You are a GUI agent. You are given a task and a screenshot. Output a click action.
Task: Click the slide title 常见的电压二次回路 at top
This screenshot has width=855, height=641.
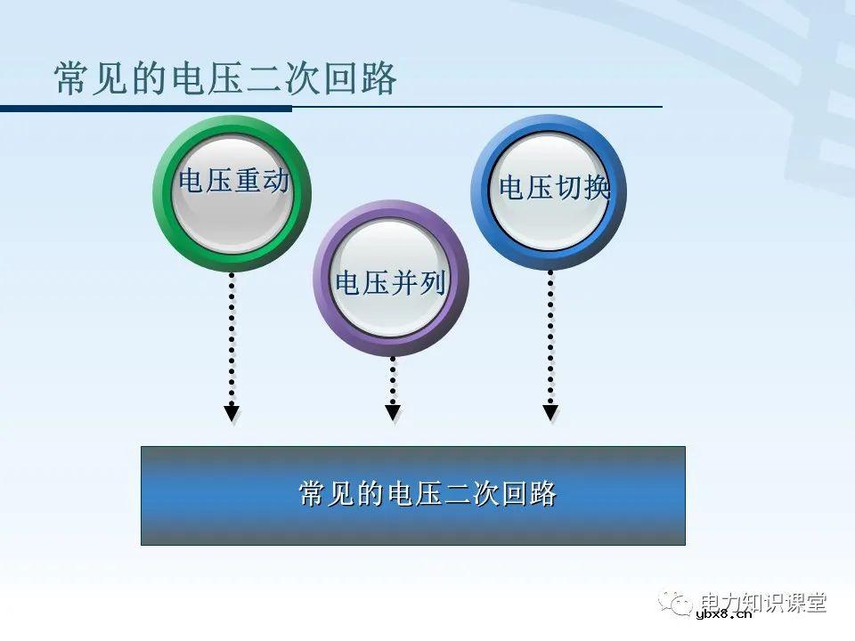225,79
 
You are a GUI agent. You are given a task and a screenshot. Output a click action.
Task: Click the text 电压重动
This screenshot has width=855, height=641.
233,181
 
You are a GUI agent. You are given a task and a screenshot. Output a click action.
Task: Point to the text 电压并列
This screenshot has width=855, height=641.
390,282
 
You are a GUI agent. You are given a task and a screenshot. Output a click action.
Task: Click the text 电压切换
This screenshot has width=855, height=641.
554,188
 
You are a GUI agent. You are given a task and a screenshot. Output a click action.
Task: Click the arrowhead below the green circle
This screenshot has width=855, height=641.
232,412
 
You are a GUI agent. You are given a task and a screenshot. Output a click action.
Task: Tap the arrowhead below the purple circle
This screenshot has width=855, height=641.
393,412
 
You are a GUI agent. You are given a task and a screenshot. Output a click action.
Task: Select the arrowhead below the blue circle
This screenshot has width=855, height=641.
550,412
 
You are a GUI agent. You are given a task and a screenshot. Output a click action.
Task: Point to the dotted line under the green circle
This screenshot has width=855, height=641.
232,338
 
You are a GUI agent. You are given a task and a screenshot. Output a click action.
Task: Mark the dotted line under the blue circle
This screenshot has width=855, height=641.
550,338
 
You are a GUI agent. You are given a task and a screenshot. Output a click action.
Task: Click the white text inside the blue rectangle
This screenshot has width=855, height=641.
427,493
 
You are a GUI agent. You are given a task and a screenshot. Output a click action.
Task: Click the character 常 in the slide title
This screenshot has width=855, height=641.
70,79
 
